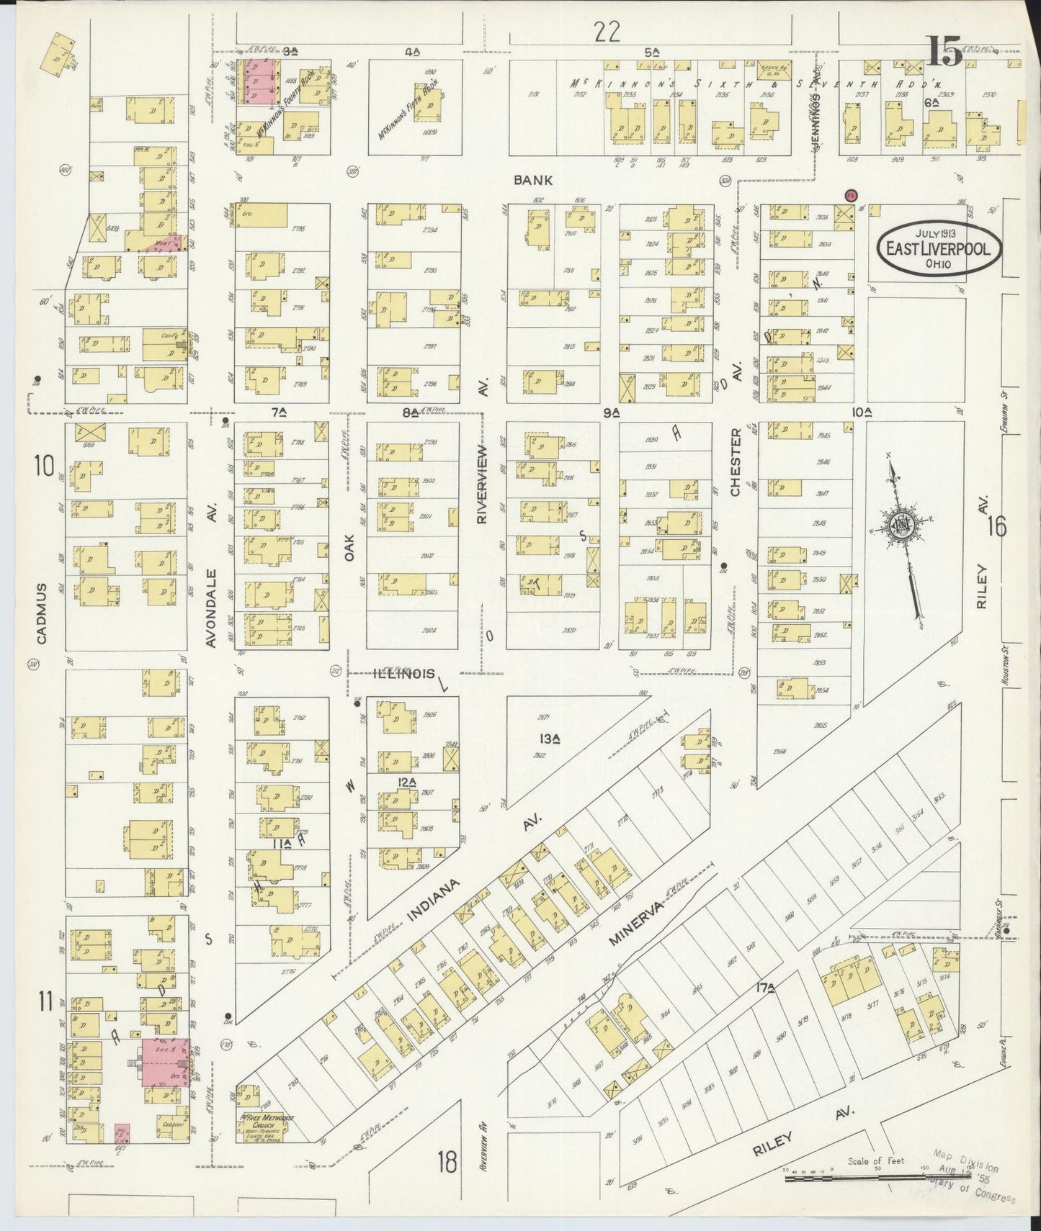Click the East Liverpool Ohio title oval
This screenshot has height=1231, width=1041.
click(938, 249)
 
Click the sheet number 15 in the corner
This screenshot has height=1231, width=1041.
click(945, 52)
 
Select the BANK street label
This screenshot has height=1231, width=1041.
click(533, 180)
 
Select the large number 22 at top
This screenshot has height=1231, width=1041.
click(607, 32)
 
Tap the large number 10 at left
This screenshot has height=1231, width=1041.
click(43, 466)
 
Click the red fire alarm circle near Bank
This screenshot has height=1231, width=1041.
click(850, 195)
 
